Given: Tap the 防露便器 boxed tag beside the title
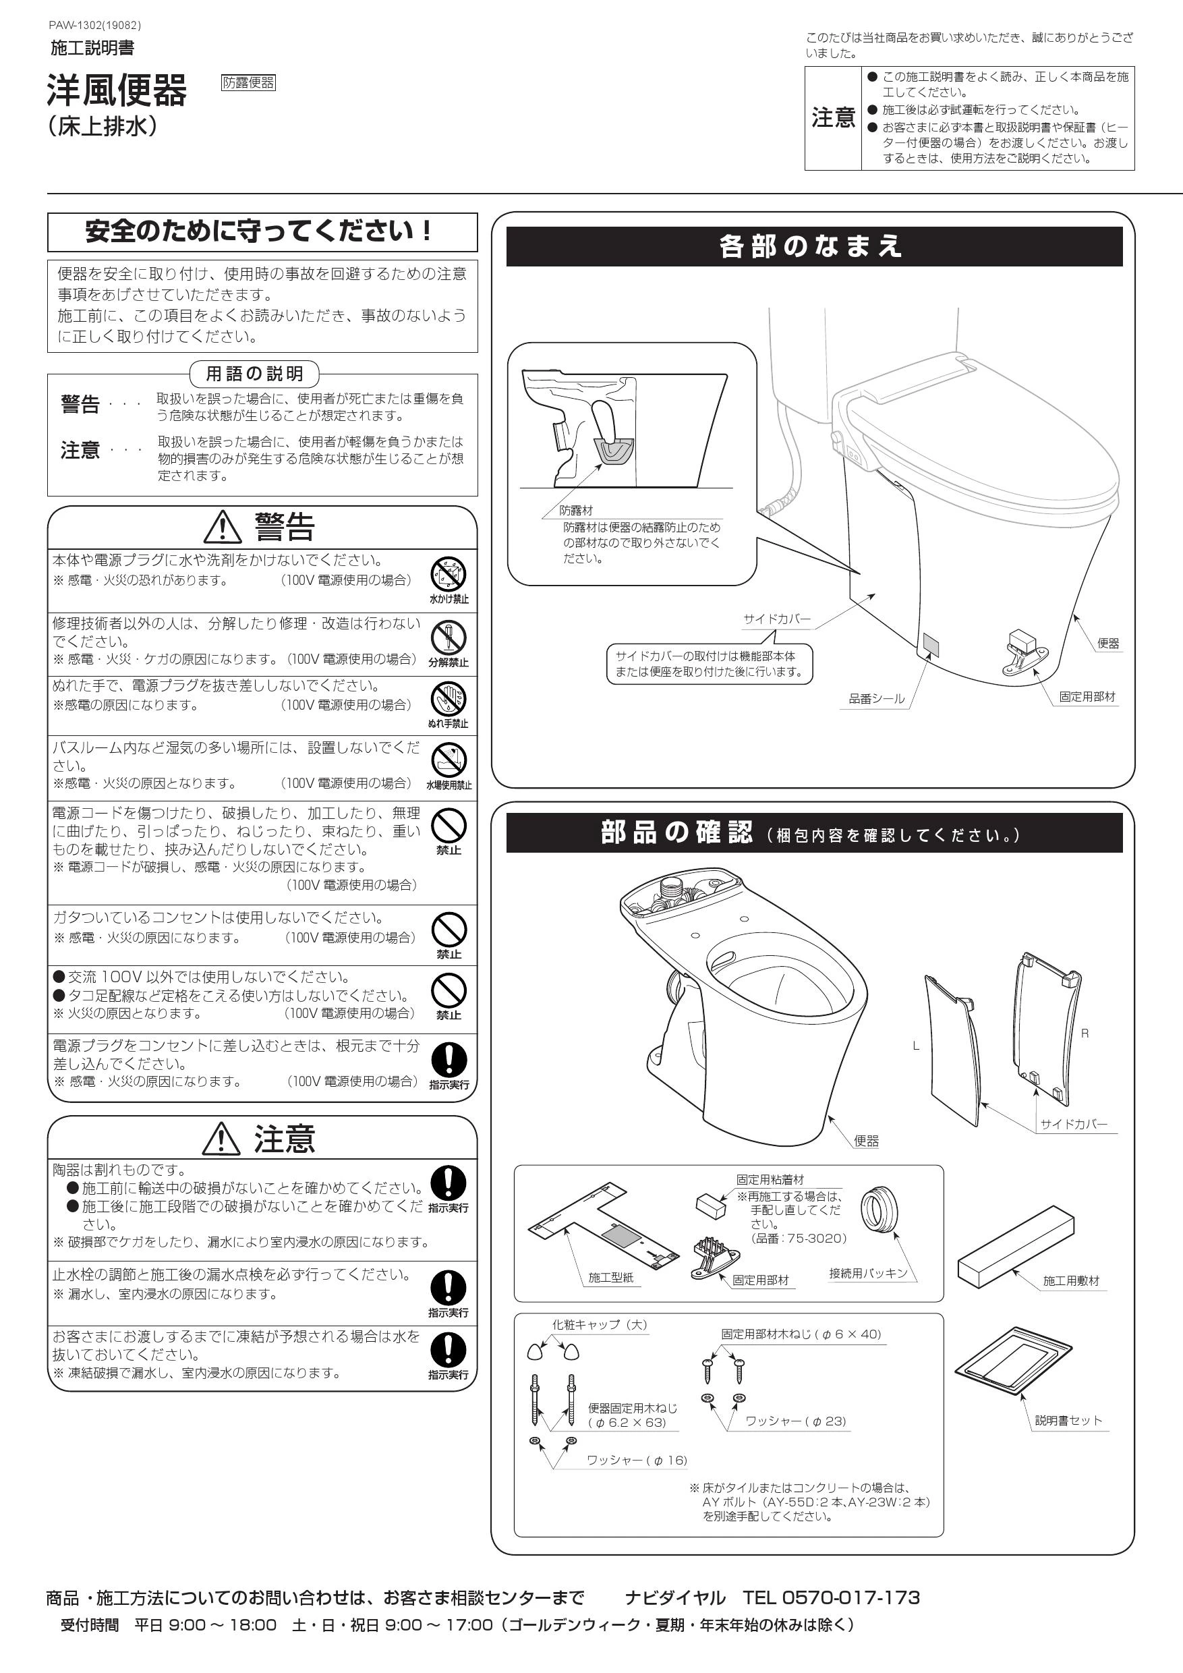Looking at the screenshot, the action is [x=248, y=82].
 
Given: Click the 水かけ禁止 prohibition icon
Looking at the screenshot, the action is [x=449, y=574].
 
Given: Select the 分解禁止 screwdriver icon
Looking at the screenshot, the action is [x=449, y=637].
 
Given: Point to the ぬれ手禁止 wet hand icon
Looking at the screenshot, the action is [x=449, y=700].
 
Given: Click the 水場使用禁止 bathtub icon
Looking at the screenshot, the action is [x=449, y=761].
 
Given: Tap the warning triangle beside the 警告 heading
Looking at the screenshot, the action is [x=223, y=527].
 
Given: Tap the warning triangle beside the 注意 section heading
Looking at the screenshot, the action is [x=222, y=1138].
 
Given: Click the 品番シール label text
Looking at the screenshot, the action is [x=876, y=699].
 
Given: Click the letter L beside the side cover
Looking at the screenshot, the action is [x=916, y=1046].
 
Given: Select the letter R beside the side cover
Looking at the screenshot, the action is [x=1085, y=1033].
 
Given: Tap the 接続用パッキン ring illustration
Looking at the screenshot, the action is [x=879, y=1210].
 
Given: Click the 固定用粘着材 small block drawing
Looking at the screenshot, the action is [x=711, y=1206].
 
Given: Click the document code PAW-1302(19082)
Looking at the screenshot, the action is [x=94, y=26].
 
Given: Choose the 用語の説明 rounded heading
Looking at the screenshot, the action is [x=254, y=374].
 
